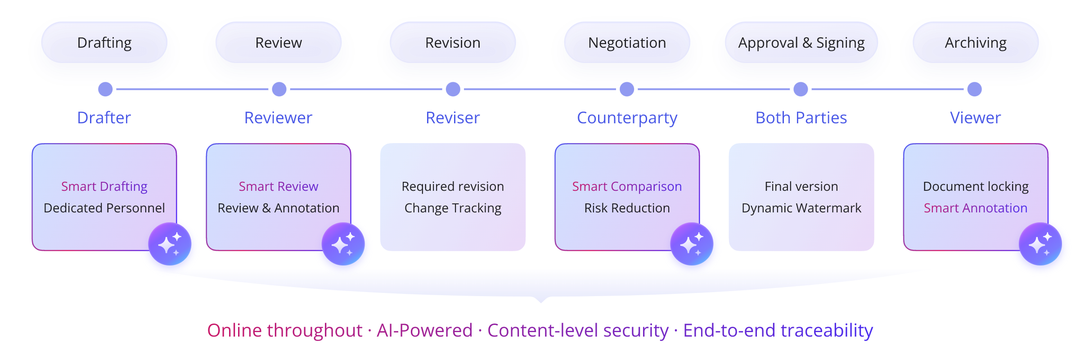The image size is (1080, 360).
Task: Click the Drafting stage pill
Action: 104,43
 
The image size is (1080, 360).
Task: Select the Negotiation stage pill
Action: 627,43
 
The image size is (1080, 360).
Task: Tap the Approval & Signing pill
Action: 801,43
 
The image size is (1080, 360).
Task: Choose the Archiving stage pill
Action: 975,43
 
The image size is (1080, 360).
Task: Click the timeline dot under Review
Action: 279,89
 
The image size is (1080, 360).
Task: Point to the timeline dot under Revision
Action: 453,89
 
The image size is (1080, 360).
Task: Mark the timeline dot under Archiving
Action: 974,89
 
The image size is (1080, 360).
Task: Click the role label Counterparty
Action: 627,118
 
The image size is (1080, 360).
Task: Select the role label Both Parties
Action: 801,118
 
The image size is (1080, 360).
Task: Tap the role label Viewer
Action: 975,118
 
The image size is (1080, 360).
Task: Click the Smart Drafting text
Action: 104,186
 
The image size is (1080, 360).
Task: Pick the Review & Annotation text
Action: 279,208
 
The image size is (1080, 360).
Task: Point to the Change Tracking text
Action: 453,208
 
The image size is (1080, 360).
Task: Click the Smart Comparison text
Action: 627,186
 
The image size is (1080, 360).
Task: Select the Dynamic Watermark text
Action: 801,208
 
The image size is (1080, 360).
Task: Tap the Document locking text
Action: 976,186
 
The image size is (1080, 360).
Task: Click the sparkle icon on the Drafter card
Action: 170,244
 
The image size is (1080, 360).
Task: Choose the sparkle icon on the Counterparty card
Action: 692,244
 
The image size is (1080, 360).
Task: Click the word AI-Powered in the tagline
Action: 424,330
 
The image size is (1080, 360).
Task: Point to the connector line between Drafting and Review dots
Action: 192,89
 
